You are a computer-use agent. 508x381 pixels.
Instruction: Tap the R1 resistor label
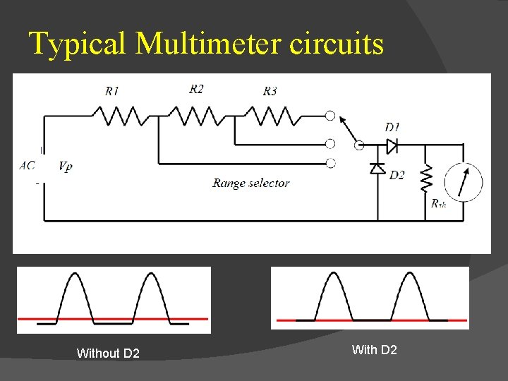(111, 91)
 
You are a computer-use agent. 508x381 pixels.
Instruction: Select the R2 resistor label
(196, 89)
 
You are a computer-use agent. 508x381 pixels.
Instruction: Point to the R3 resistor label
(270, 91)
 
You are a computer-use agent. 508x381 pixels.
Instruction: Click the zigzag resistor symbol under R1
(120, 116)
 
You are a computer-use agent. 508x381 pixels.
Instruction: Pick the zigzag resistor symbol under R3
(271, 116)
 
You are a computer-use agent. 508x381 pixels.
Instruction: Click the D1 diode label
(392, 127)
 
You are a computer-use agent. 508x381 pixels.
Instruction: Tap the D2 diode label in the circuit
(397, 175)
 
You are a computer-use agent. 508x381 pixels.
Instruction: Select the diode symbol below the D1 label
(392, 145)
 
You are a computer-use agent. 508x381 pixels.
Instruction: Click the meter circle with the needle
(463, 183)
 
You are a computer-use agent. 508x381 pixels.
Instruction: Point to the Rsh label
(438, 204)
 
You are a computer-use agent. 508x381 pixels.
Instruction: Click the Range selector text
(251, 183)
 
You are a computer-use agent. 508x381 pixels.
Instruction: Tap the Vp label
(65, 167)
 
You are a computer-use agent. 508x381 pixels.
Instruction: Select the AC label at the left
(28, 166)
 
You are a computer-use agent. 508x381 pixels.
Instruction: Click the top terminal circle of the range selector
(329, 116)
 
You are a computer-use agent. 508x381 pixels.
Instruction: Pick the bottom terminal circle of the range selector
(329, 164)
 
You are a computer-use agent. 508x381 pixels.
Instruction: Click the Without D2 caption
(108, 353)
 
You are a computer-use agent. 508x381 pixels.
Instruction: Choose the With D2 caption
(374, 350)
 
